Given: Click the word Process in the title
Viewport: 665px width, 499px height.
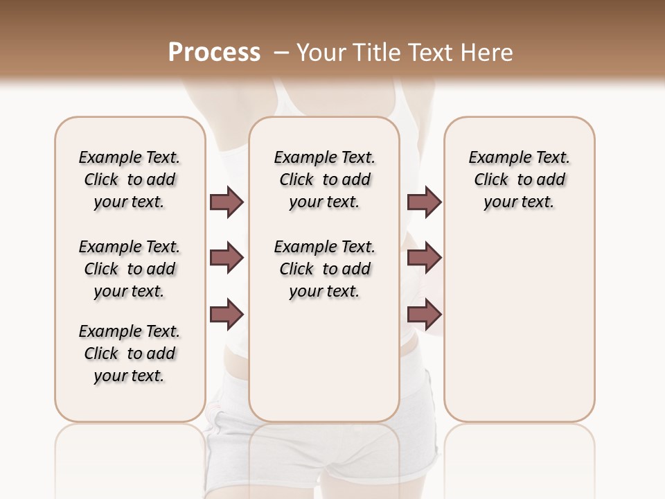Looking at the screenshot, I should pyautogui.click(x=214, y=53).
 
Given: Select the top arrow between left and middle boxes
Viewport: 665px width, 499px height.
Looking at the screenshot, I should pyautogui.click(x=227, y=202).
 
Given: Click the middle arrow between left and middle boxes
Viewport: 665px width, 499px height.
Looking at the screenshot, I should pyautogui.click(x=227, y=258).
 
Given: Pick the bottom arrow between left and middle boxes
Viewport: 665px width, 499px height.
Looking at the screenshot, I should pyautogui.click(x=227, y=315).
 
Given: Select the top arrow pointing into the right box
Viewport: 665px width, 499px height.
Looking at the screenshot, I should pyautogui.click(x=424, y=202).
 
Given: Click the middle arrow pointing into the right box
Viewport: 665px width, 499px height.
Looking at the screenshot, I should pyautogui.click(x=424, y=258).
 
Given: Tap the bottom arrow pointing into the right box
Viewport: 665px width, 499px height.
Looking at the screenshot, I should pyautogui.click(x=424, y=315).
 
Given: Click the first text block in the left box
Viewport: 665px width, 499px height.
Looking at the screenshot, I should pyautogui.click(x=130, y=180).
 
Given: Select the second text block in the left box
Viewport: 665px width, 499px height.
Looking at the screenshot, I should pyautogui.click(x=130, y=269).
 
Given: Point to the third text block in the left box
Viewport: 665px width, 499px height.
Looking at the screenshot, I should pyautogui.click(x=130, y=353).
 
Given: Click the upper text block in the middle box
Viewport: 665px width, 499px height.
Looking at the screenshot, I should pyautogui.click(x=324, y=180).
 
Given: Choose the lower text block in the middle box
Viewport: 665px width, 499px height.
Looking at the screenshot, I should pyautogui.click(x=324, y=269).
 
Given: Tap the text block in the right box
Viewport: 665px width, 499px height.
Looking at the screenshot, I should pyautogui.click(x=519, y=180).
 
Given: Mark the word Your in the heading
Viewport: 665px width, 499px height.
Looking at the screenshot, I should pyautogui.click(x=320, y=53).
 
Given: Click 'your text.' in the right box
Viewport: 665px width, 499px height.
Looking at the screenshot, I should pyautogui.click(x=519, y=202).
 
